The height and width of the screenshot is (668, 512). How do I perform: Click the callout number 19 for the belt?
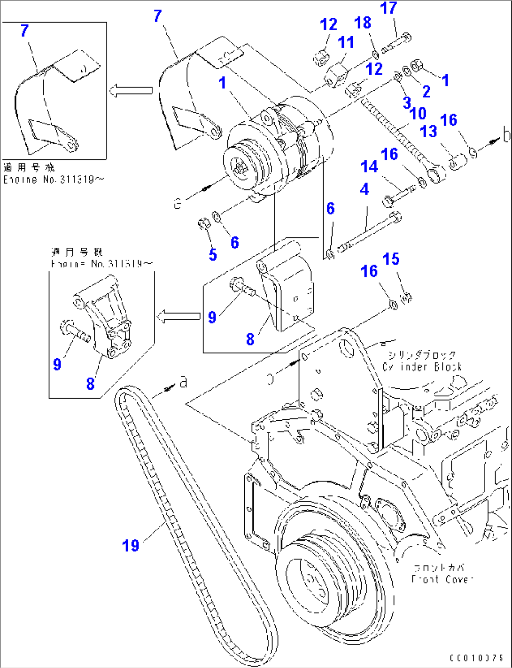click(131, 546)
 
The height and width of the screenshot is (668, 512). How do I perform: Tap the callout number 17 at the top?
click(388, 8)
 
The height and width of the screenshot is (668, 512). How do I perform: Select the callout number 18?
click(363, 23)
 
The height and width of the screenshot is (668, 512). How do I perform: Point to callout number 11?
click(346, 42)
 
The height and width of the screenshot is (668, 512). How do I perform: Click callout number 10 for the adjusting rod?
click(418, 113)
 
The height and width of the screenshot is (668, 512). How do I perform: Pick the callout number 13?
click(428, 131)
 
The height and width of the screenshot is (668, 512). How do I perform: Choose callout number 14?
click(369, 166)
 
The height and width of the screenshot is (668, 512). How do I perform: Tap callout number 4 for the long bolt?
click(365, 189)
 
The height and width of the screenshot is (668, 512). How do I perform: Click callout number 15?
click(391, 259)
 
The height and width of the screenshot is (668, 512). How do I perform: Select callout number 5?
click(213, 255)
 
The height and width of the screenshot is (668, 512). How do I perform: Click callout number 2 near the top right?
click(426, 91)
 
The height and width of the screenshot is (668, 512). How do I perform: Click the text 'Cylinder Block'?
click(422, 367)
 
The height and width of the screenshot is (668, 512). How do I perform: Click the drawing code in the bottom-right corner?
click(476, 659)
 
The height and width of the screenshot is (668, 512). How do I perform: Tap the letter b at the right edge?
click(506, 135)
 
